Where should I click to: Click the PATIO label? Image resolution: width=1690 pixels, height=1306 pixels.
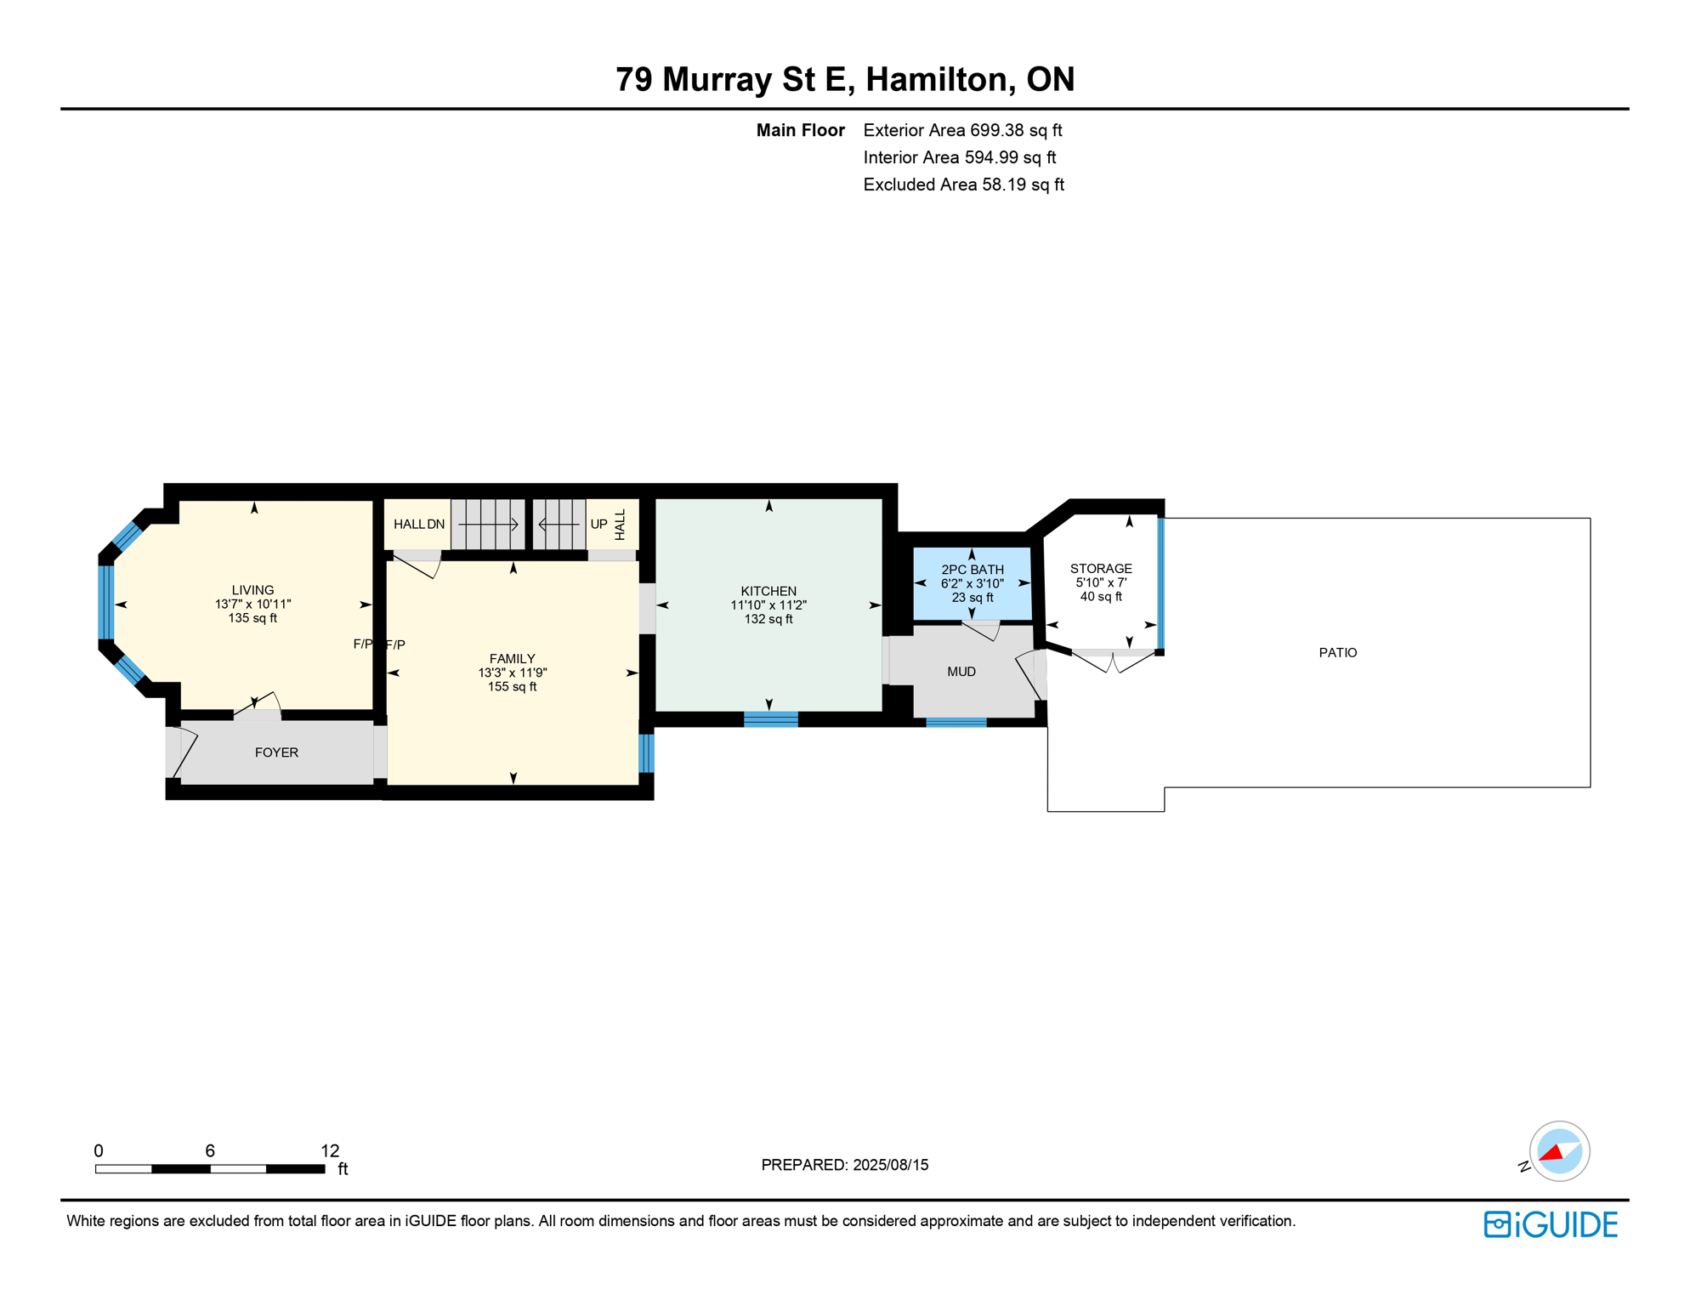pyautogui.click(x=1337, y=652)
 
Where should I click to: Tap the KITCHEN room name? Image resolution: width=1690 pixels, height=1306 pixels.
pyautogui.click(x=768, y=591)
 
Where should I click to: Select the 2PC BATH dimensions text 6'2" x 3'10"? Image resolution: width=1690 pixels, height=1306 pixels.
pyautogui.click(x=972, y=584)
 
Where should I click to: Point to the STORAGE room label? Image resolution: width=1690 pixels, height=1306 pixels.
pyautogui.click(x=1100, y=569)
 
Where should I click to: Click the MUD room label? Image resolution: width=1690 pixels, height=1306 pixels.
pyautogui.click(x=961, y=672)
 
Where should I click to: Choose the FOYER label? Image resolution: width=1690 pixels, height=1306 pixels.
pyautogui.click(x=276, y=752)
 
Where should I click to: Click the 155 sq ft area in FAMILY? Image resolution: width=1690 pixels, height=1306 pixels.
pyautogui.click(x=512, y=687)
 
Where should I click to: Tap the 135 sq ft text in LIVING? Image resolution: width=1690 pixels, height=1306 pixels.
pyautogui.click(x=252, y=618)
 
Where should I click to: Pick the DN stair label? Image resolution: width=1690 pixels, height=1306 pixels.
pyautogui.click(x=436, y=525)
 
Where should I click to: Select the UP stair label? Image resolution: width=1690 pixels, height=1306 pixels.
pyautogui.click(x=598, y=525)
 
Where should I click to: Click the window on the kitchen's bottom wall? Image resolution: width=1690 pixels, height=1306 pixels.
pyautogui.click(x=770, y=719)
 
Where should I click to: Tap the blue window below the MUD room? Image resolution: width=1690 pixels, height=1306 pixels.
pyautogui.click(x=956, y=723)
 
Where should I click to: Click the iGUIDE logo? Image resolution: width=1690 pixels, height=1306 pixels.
pyautogui.click(x=1551, y=1224)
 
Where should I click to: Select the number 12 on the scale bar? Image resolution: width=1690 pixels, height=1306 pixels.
pyautogui.click(x=330, y=1150)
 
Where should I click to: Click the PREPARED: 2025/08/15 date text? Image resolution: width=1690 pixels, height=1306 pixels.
pyautogui.click(x=844, y=1165)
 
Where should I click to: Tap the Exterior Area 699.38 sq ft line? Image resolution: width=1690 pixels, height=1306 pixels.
pyautogui.click(x=962, y=130)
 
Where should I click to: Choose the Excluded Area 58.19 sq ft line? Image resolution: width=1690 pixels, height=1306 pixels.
pyautogui.click(x=963, y=185)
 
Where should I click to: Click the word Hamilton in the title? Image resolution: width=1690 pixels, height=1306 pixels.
pyautogui.click(x=936, y=79)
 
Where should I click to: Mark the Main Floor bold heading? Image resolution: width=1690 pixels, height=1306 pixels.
pyautogui.click(x=800, y=130)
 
